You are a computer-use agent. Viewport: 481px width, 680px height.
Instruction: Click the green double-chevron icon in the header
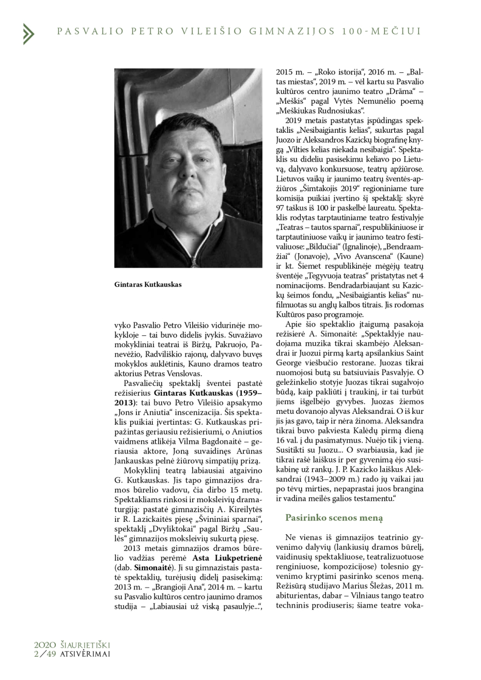coord(28,34)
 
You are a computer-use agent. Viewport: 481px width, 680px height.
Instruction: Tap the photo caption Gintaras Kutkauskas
coord(148,284)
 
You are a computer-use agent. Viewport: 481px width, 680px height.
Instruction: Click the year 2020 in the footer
coord(45,644)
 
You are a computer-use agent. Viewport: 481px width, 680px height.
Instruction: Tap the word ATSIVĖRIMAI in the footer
coord(84,653)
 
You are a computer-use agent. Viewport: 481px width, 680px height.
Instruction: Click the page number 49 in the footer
coord(51,653)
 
